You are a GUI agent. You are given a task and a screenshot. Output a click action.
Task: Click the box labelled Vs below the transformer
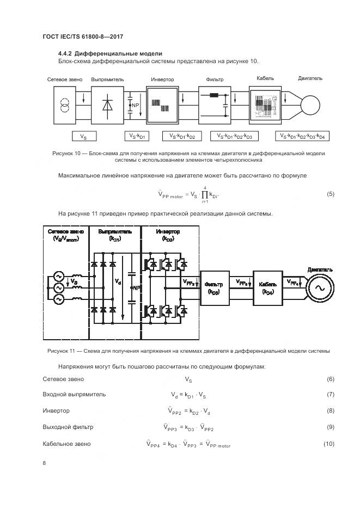coord(83,136)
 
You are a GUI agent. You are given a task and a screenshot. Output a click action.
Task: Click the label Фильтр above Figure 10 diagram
coord(215,79)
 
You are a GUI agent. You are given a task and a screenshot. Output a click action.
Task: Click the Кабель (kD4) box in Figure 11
coord(268,286)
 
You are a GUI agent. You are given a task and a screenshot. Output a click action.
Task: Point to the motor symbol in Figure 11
coord(316,286)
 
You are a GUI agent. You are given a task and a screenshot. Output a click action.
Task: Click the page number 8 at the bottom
coord(45,463)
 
